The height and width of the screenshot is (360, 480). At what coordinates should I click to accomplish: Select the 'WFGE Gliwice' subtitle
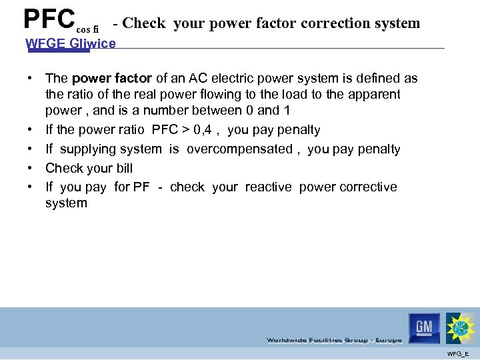70,44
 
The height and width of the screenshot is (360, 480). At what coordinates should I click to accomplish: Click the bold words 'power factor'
111,79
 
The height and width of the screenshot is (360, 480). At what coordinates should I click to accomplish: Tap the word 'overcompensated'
239,149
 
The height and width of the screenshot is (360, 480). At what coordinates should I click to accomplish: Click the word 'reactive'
268,187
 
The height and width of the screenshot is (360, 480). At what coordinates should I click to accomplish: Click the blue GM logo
424,327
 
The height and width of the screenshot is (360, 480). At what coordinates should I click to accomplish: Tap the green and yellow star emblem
461,328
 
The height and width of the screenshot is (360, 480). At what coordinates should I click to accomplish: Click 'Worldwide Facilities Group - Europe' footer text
334,340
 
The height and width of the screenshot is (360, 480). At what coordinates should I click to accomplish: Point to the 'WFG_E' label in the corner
459,353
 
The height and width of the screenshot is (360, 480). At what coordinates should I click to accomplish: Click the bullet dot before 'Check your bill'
31,168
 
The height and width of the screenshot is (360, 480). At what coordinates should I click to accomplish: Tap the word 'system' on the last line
66,203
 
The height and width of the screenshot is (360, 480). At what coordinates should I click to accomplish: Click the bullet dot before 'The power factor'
31,79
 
